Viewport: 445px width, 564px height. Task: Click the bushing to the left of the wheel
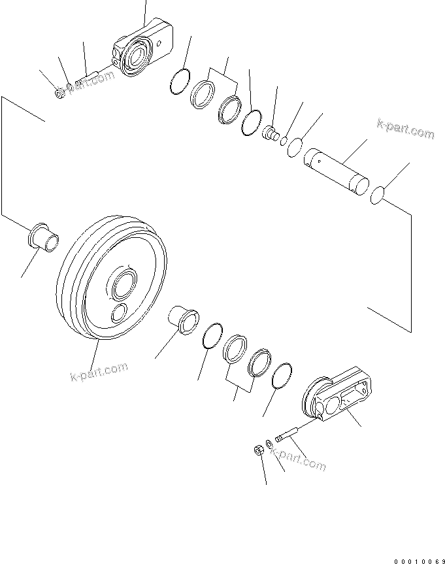(44, 236)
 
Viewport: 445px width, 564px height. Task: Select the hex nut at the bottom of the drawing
(257, 450)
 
